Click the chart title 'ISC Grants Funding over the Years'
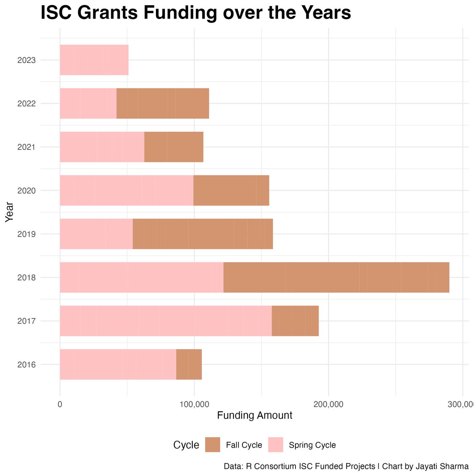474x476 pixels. (196, 13)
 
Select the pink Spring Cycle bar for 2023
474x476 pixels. (94, 60)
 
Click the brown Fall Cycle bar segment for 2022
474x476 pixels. (163, 104)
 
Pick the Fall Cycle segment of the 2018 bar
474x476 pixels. (336, 277)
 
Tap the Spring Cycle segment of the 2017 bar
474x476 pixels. (166, 321)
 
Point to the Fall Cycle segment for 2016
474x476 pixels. (189, 364)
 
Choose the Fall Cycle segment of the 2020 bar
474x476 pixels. (231, 190)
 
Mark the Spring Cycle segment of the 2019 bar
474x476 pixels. (96, 234)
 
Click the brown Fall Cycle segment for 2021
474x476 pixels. (174, 147)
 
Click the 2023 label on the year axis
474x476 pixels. (27, 60)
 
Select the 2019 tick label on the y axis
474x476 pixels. (27, 234)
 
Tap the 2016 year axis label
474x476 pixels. (27, 365)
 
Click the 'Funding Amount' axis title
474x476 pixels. (255, 415)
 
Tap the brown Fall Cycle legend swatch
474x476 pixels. (213, 445)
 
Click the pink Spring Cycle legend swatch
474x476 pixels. (276, 445)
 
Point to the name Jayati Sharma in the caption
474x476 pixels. (445, 466)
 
